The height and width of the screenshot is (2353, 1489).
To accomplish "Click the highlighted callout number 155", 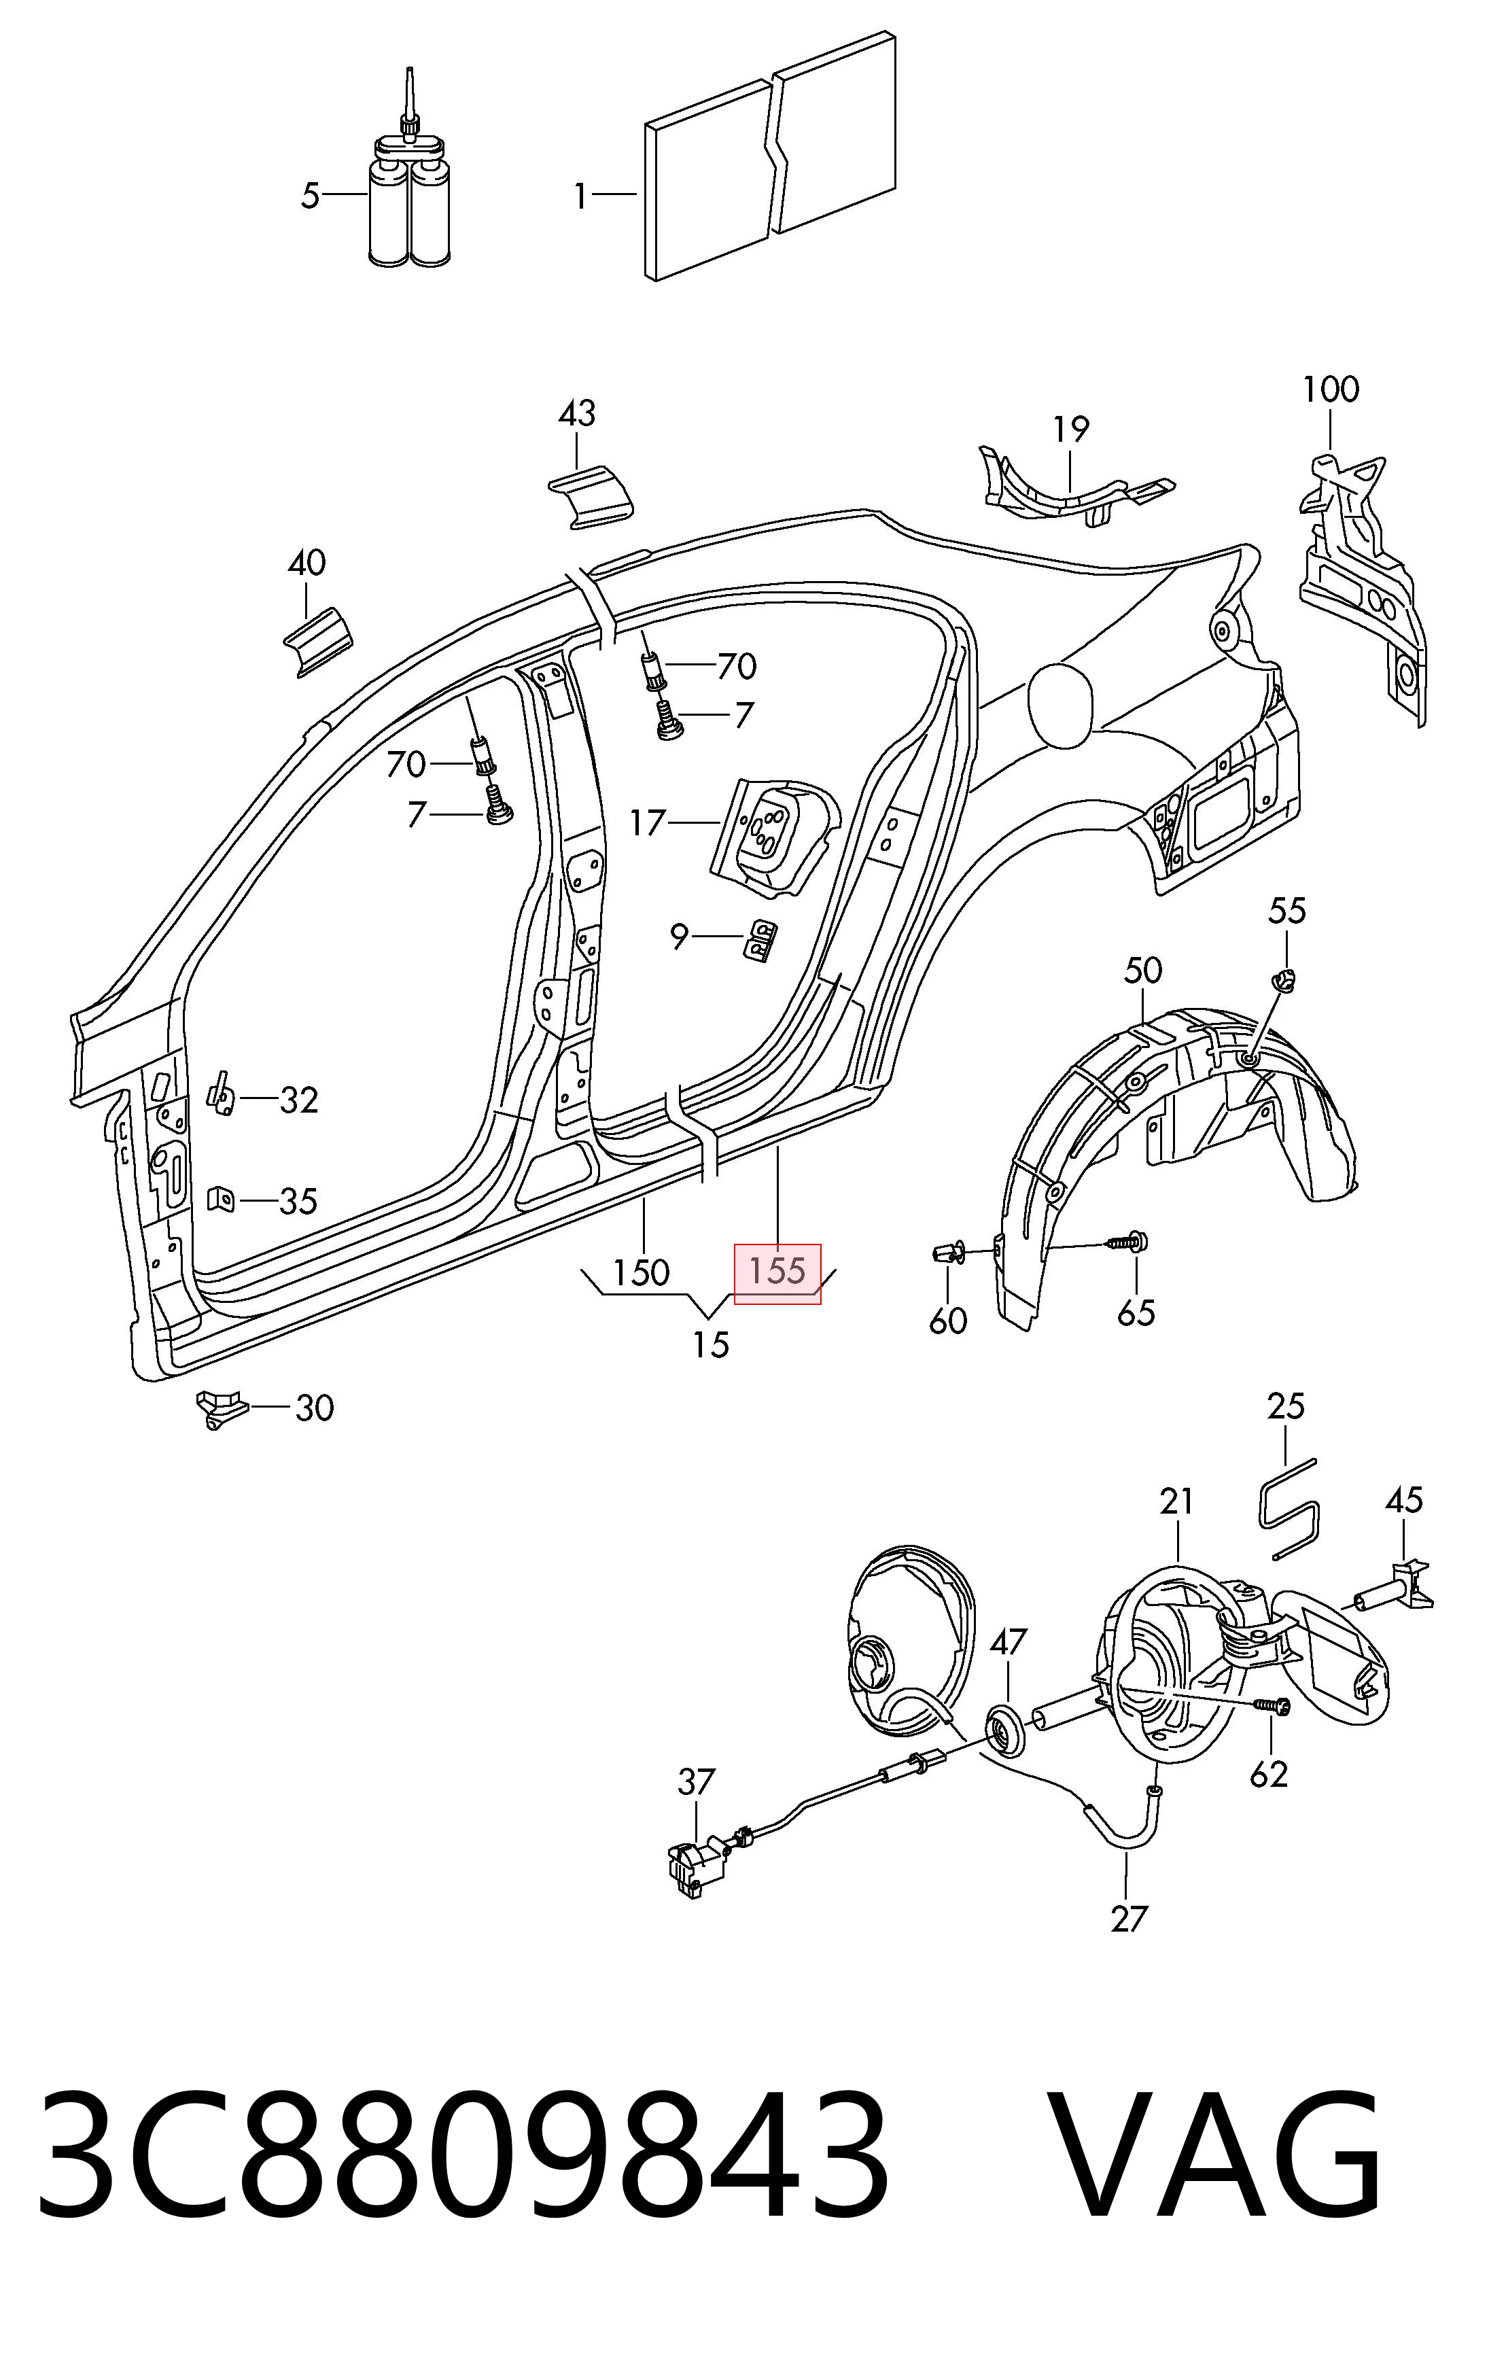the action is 777,1270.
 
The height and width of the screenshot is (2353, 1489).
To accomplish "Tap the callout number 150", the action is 641,1272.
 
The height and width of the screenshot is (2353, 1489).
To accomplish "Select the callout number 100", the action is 1331,390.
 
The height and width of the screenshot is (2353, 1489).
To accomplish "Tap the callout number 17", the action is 647,823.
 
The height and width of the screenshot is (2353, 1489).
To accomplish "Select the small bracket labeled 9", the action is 761,939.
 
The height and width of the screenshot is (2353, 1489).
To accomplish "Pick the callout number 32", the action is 299,1100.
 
